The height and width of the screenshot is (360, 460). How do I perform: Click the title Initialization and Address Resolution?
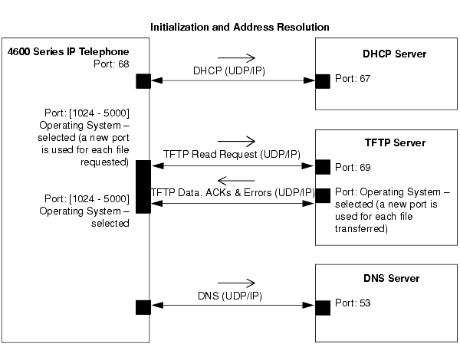coord(240,28)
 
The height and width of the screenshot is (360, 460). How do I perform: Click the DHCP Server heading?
coord(394,54)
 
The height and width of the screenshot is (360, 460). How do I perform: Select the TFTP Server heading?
coord(395,142)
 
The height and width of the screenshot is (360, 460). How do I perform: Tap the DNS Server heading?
coord(391,278)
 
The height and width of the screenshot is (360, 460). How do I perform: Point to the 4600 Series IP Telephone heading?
coord(68,51)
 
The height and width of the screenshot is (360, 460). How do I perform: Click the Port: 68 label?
coord(111,64)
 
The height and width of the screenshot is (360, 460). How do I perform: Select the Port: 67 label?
coord(353,79)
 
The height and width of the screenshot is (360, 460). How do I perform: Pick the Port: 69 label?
coord(353,168)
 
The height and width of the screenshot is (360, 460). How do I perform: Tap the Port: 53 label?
coord(353,303)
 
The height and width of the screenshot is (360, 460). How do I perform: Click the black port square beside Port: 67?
coord(323,81)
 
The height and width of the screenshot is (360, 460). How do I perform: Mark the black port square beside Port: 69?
coord(323,167)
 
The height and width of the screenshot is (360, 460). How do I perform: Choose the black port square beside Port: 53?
coord(323,308)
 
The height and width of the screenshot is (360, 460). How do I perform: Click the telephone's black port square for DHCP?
coord(143,81)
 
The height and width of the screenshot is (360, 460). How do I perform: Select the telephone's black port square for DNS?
coord(143,307)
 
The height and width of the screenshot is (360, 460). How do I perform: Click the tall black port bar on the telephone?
coord(143,186)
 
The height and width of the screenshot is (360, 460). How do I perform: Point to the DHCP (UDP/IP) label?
coord(229,71)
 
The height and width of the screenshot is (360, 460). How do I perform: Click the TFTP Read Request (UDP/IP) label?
coord(232,154)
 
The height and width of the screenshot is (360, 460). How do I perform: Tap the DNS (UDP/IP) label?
coord(230,296)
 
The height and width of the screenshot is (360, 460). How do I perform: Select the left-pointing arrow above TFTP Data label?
coord(236,181)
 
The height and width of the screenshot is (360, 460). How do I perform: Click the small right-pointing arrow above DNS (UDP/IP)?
coord(236,283)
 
